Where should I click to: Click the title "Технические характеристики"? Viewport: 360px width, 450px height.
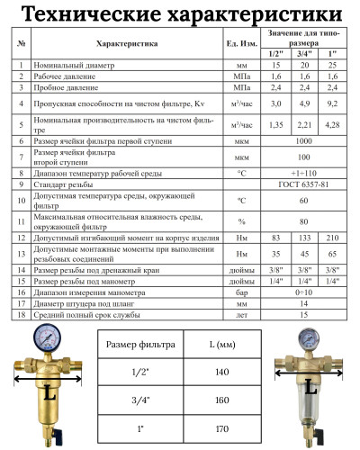[x=180, y=15]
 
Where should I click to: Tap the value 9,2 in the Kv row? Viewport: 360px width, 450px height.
[x=332, y=105]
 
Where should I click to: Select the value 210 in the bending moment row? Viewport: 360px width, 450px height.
[x=332, y=238]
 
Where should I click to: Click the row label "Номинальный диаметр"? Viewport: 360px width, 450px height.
[x=72, y=66]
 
